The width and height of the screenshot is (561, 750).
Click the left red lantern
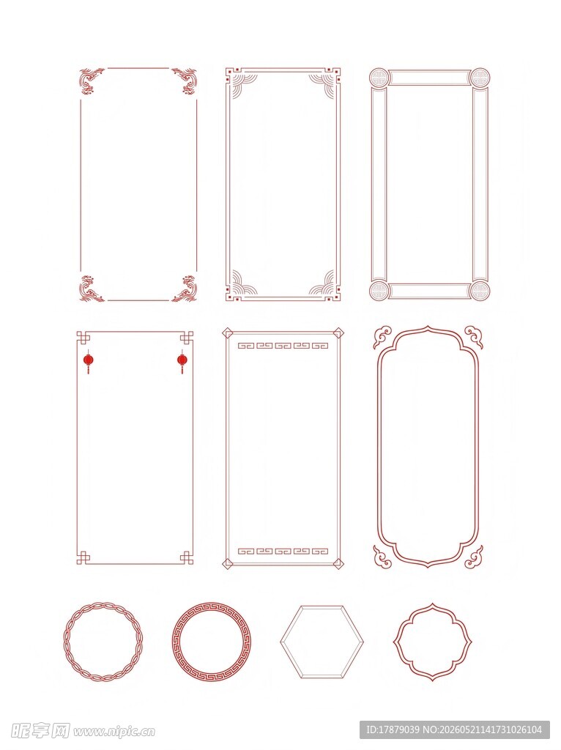coord(88,360)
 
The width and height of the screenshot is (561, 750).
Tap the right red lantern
coord(182,360)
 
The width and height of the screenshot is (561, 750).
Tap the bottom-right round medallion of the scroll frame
coord(479,290)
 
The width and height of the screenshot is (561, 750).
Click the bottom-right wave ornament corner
coord(185,289)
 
